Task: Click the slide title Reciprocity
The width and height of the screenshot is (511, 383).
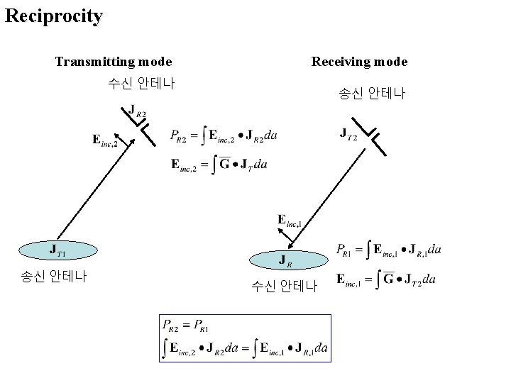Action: pyautogui.click(x=53, y=16)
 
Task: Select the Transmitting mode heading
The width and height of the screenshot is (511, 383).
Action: pyautogui.click(x=114, y=62)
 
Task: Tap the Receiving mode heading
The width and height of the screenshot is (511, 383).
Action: pyautogui.click(x=359, y=62)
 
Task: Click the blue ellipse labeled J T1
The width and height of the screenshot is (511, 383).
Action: pyautogui.click(x=57, y=250)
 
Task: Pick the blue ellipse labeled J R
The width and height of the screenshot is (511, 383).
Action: pyautogui.click(x=284, y=260)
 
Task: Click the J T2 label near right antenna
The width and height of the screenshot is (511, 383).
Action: pyautogui.click(x=348, y=133)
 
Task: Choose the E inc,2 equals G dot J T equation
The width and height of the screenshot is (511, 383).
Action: pyautogui.click(x=219, y=165)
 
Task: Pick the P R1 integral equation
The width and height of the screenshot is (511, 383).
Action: pyautogui.click(x=389, y=250)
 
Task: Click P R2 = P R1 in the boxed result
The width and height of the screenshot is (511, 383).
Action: pyautogui.click(x=186, y=326)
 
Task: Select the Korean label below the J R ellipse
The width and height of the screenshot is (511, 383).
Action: pyautogui.click(x=285, y=287)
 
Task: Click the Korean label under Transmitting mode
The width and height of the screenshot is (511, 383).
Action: pyautogui.click(x=141, y=83)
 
